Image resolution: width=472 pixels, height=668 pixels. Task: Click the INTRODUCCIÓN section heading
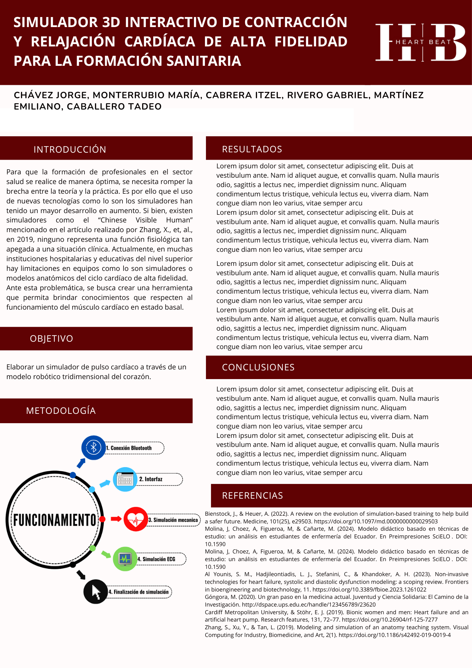coord(70,149)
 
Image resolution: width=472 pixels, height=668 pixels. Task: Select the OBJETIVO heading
coord(51,338)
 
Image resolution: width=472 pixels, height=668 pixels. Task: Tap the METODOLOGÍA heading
coord(61,410)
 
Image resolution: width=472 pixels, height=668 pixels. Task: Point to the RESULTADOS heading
coord(252,149)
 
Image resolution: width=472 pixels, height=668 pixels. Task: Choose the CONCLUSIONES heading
coord(258,367)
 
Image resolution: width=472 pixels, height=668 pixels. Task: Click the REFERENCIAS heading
coord(252,495)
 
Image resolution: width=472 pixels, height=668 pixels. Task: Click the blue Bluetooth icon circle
coord(93,448)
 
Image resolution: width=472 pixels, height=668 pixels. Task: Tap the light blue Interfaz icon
coord(125,479)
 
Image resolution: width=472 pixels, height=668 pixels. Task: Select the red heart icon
coord(136,519)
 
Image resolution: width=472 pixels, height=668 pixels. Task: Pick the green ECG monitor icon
coord(125,559)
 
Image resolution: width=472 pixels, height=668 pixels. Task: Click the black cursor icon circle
coord(95,592)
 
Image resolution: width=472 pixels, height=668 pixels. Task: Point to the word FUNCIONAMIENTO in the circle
coord(55,520)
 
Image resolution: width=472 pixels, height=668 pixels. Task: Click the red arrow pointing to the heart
coord(116,519)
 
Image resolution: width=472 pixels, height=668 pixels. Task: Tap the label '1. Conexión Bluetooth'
coord(131,448)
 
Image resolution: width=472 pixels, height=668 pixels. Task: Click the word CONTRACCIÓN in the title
coord(296,22)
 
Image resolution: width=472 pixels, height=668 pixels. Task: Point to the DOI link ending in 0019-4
coord(395,635)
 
